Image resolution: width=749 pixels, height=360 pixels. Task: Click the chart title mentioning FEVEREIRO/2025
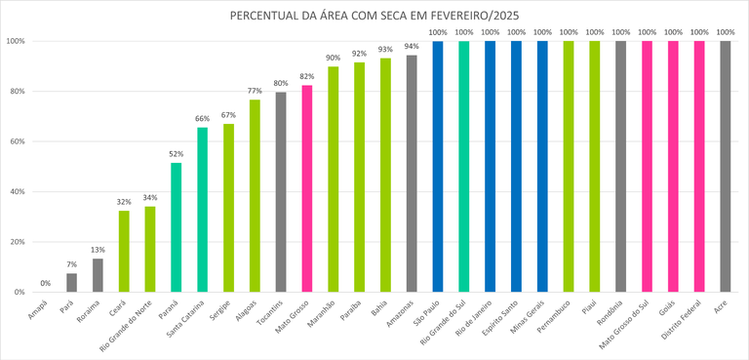pyautogui.click(x=374, y=17)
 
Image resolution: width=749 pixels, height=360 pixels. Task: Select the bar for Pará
pyautogui.click(x=72, y=282)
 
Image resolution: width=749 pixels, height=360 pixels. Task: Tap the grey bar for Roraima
pyautogui.click(x=98, y=275)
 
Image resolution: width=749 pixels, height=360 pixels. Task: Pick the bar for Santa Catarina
pyautogui.click(x=202, y=210)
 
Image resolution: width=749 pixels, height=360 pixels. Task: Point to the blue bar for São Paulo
pyautogui.click(x=437, y=166)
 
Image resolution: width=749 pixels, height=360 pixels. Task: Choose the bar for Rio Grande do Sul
pyautogui.click(x=463, y=166)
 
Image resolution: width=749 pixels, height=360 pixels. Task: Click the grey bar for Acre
pyautogui.click(x=725, y=166)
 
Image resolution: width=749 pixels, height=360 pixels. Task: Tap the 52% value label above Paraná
pyautogui.click(x=177, y=154)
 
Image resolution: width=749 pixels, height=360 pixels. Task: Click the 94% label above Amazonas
pyautogui.click(x=412, y=47)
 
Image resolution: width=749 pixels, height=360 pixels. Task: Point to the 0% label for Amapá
pyautogui.click(x=46, y=284)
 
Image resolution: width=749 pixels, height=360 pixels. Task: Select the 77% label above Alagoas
pyautogui.click(x=255, y=91)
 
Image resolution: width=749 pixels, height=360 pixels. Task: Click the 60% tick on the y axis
pyautogui.click(x=16, y=141)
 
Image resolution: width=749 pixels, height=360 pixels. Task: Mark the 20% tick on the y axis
pyautogui.click(x=16, y=242)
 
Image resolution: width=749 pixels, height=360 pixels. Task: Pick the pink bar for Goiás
pyautogui.click(x=673, y=166)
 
